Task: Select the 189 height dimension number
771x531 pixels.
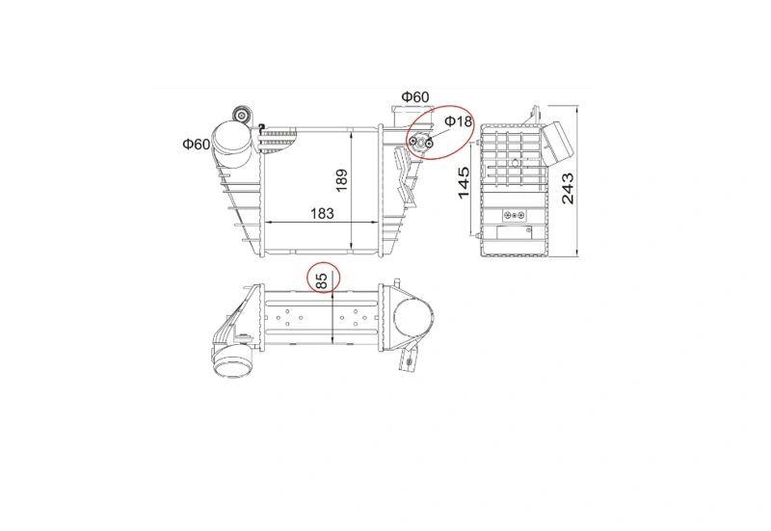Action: (341, 178)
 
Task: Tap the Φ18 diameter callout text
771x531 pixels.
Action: (458, 121)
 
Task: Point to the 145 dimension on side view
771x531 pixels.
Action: (463, 183)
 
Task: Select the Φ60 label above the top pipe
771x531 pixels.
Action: (414, 97)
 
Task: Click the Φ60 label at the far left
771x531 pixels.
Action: (196, 145)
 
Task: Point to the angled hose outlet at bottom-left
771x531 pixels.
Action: (228, 363)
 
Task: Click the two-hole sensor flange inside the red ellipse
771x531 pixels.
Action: (420, 143)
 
